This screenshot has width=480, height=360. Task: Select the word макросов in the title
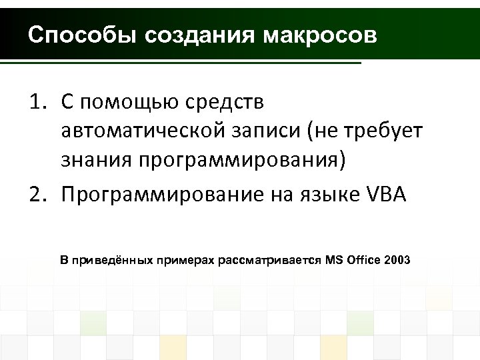(x=320, y=35)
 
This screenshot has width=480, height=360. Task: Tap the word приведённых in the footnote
(x=113, y=259)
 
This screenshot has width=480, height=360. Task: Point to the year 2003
(x=398, y=259)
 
